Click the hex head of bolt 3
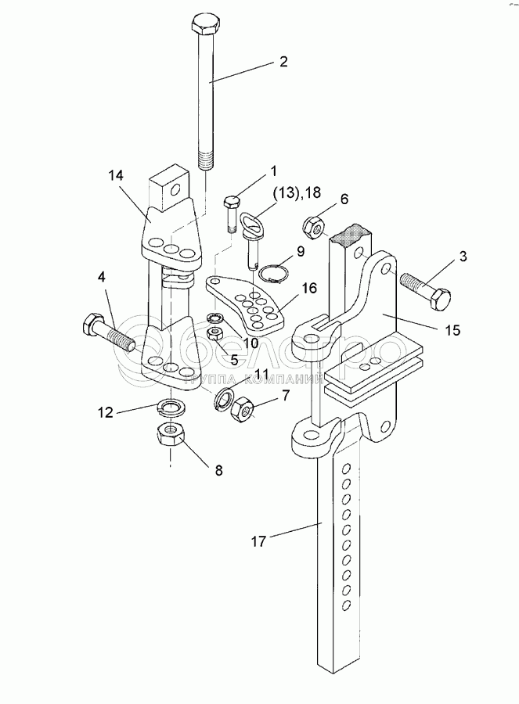tap(440, 298)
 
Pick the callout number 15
tap(452, 330)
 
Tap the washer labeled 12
tap(170, 407)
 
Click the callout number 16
tap(308, 289)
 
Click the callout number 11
tap(261, 374)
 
